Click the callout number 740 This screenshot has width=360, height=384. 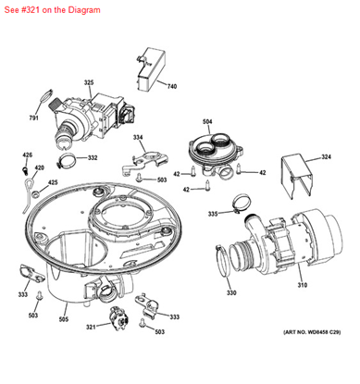[x=172, y=86]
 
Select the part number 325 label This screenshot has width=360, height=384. [x=89, y=82]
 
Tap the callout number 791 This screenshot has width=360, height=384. [x=34, y=118]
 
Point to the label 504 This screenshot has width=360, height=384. [x=207, y=122]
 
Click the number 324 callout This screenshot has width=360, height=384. [x=326, y=157]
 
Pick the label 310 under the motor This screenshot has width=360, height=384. [x=303, y=285]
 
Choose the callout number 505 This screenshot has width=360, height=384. [x=64, y=319]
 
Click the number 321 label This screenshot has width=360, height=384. [x=91, y=327]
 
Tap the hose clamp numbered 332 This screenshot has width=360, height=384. [x=67, y=159]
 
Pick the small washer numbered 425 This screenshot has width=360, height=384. [x=37, y=194]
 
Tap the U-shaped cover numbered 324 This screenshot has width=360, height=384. [x=296, y=176]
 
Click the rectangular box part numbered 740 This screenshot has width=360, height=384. [x=151, y=69]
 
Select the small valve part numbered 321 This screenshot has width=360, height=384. [x=119, y=319]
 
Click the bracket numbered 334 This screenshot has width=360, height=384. [x=144, y=162]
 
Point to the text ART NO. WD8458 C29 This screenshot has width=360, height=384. [x=312, y=332]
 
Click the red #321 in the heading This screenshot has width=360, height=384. [x=31, y=10]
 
